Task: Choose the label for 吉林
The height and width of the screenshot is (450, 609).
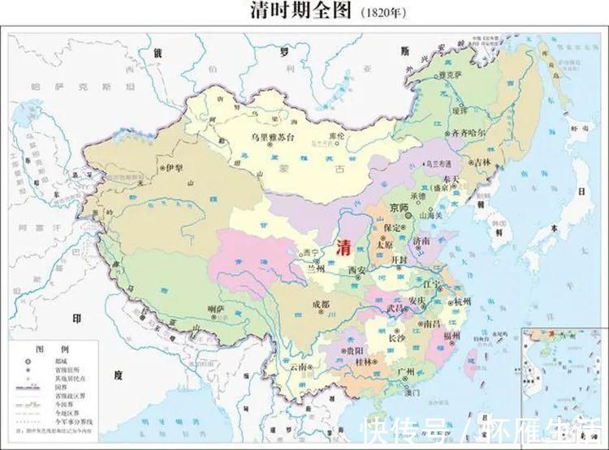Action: [483, 162]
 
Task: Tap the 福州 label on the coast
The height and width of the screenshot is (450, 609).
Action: [452, 334]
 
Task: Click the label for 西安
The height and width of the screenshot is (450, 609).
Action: [357, 269]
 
